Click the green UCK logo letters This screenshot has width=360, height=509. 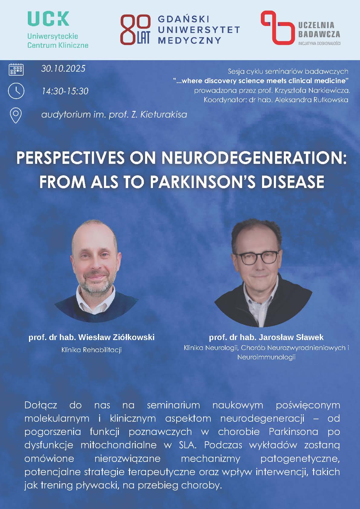pyautogui.click(x=48, y=19)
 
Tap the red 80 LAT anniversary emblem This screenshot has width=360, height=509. pyautogui.click(x=135, y=29)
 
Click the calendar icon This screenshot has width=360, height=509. pyautogui.click(x=16, y=69)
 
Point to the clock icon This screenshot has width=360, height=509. pyautogui.click(x=16, y=91)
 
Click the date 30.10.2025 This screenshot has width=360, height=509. pyautogui.click(x=63, y=69)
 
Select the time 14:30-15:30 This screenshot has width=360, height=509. pyautogui.click(x=65, y=91)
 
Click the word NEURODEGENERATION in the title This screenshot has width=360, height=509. pyautogui.click(x=254, y=158)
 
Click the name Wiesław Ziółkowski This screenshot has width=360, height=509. pyautogui.click(x=116, y=337)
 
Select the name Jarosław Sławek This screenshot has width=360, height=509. pyautogui.click(x=291, y=337)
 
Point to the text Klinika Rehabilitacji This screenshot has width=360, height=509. pyautogui.click(x=92, y=350)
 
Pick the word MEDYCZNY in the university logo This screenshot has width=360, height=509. pyautogui.click(x=190, y=41)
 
